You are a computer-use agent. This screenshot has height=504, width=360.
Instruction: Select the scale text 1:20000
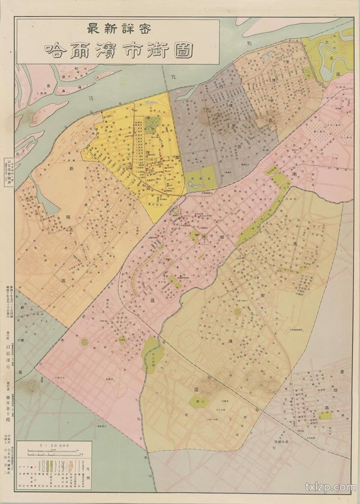click(x=54, y=445)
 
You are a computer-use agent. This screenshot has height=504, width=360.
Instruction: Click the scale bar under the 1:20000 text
click(x=54, y=451)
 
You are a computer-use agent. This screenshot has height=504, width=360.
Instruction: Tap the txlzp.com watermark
click(x=330, y=487)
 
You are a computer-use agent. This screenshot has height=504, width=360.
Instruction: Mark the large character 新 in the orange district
click(x=71, y=169)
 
